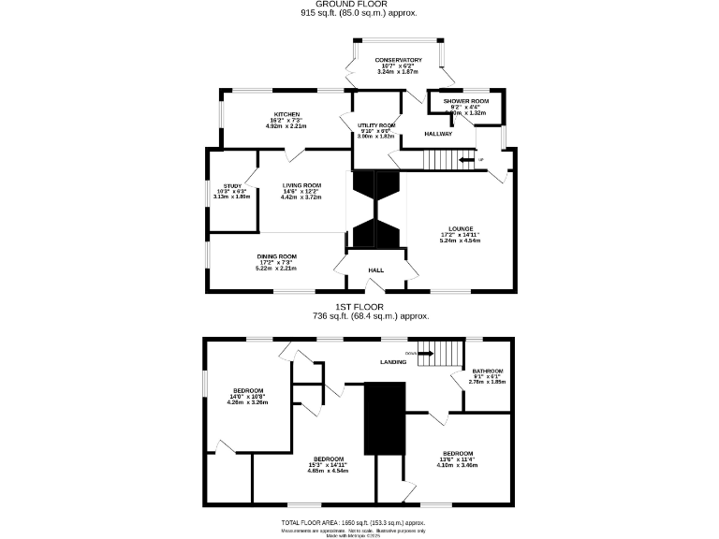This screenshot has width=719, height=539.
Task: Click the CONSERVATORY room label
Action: tap(399, 60)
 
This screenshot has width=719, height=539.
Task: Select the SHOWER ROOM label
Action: tap(466, 101)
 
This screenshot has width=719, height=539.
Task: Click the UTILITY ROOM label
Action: tap(376, 125)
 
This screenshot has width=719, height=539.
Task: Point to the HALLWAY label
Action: tap(438, 134)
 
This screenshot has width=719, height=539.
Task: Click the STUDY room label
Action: tap(232, 186)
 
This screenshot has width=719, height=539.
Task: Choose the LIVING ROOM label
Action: tap(301, 185)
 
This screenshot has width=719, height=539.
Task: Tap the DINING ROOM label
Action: tap(277, 256)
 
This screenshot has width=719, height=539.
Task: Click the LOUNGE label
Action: tap(460, 228)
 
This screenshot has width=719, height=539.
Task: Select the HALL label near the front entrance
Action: tap(375, 269)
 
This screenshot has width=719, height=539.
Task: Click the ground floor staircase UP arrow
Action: tap(465, 160)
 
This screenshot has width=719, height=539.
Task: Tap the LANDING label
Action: tap(392, 361)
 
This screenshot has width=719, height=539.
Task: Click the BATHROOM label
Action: tap(487, 371)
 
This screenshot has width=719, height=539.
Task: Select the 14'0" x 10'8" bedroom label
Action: tap(248, 390)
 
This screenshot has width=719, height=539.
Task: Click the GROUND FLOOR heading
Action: tap(359, 5)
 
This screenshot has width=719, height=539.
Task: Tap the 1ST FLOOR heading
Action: tap(359, 306)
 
